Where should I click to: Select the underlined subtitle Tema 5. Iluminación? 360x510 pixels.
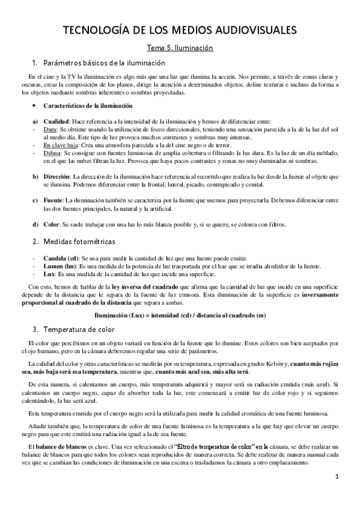pyautogui.click(x=180, y=47)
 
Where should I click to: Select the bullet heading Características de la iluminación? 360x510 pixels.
pyautogui.click(x=89, y=105)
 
